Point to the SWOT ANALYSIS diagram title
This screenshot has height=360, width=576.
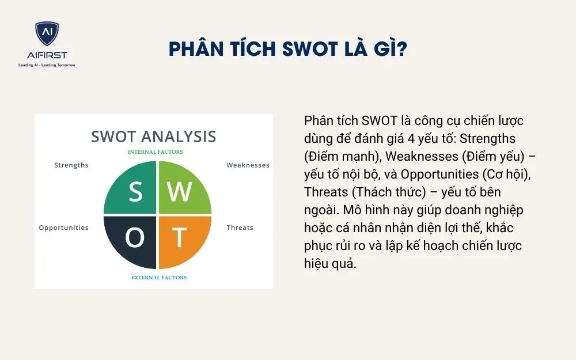coord(153,137)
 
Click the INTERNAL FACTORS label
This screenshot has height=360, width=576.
coord(156,152)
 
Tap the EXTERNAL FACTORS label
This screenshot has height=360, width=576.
coord(159,278)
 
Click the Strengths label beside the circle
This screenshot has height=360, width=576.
coord(71,165)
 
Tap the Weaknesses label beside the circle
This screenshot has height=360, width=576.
coord(248,165)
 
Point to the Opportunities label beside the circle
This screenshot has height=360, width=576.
coord(63,228)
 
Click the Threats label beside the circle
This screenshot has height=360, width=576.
coord(240,228)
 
